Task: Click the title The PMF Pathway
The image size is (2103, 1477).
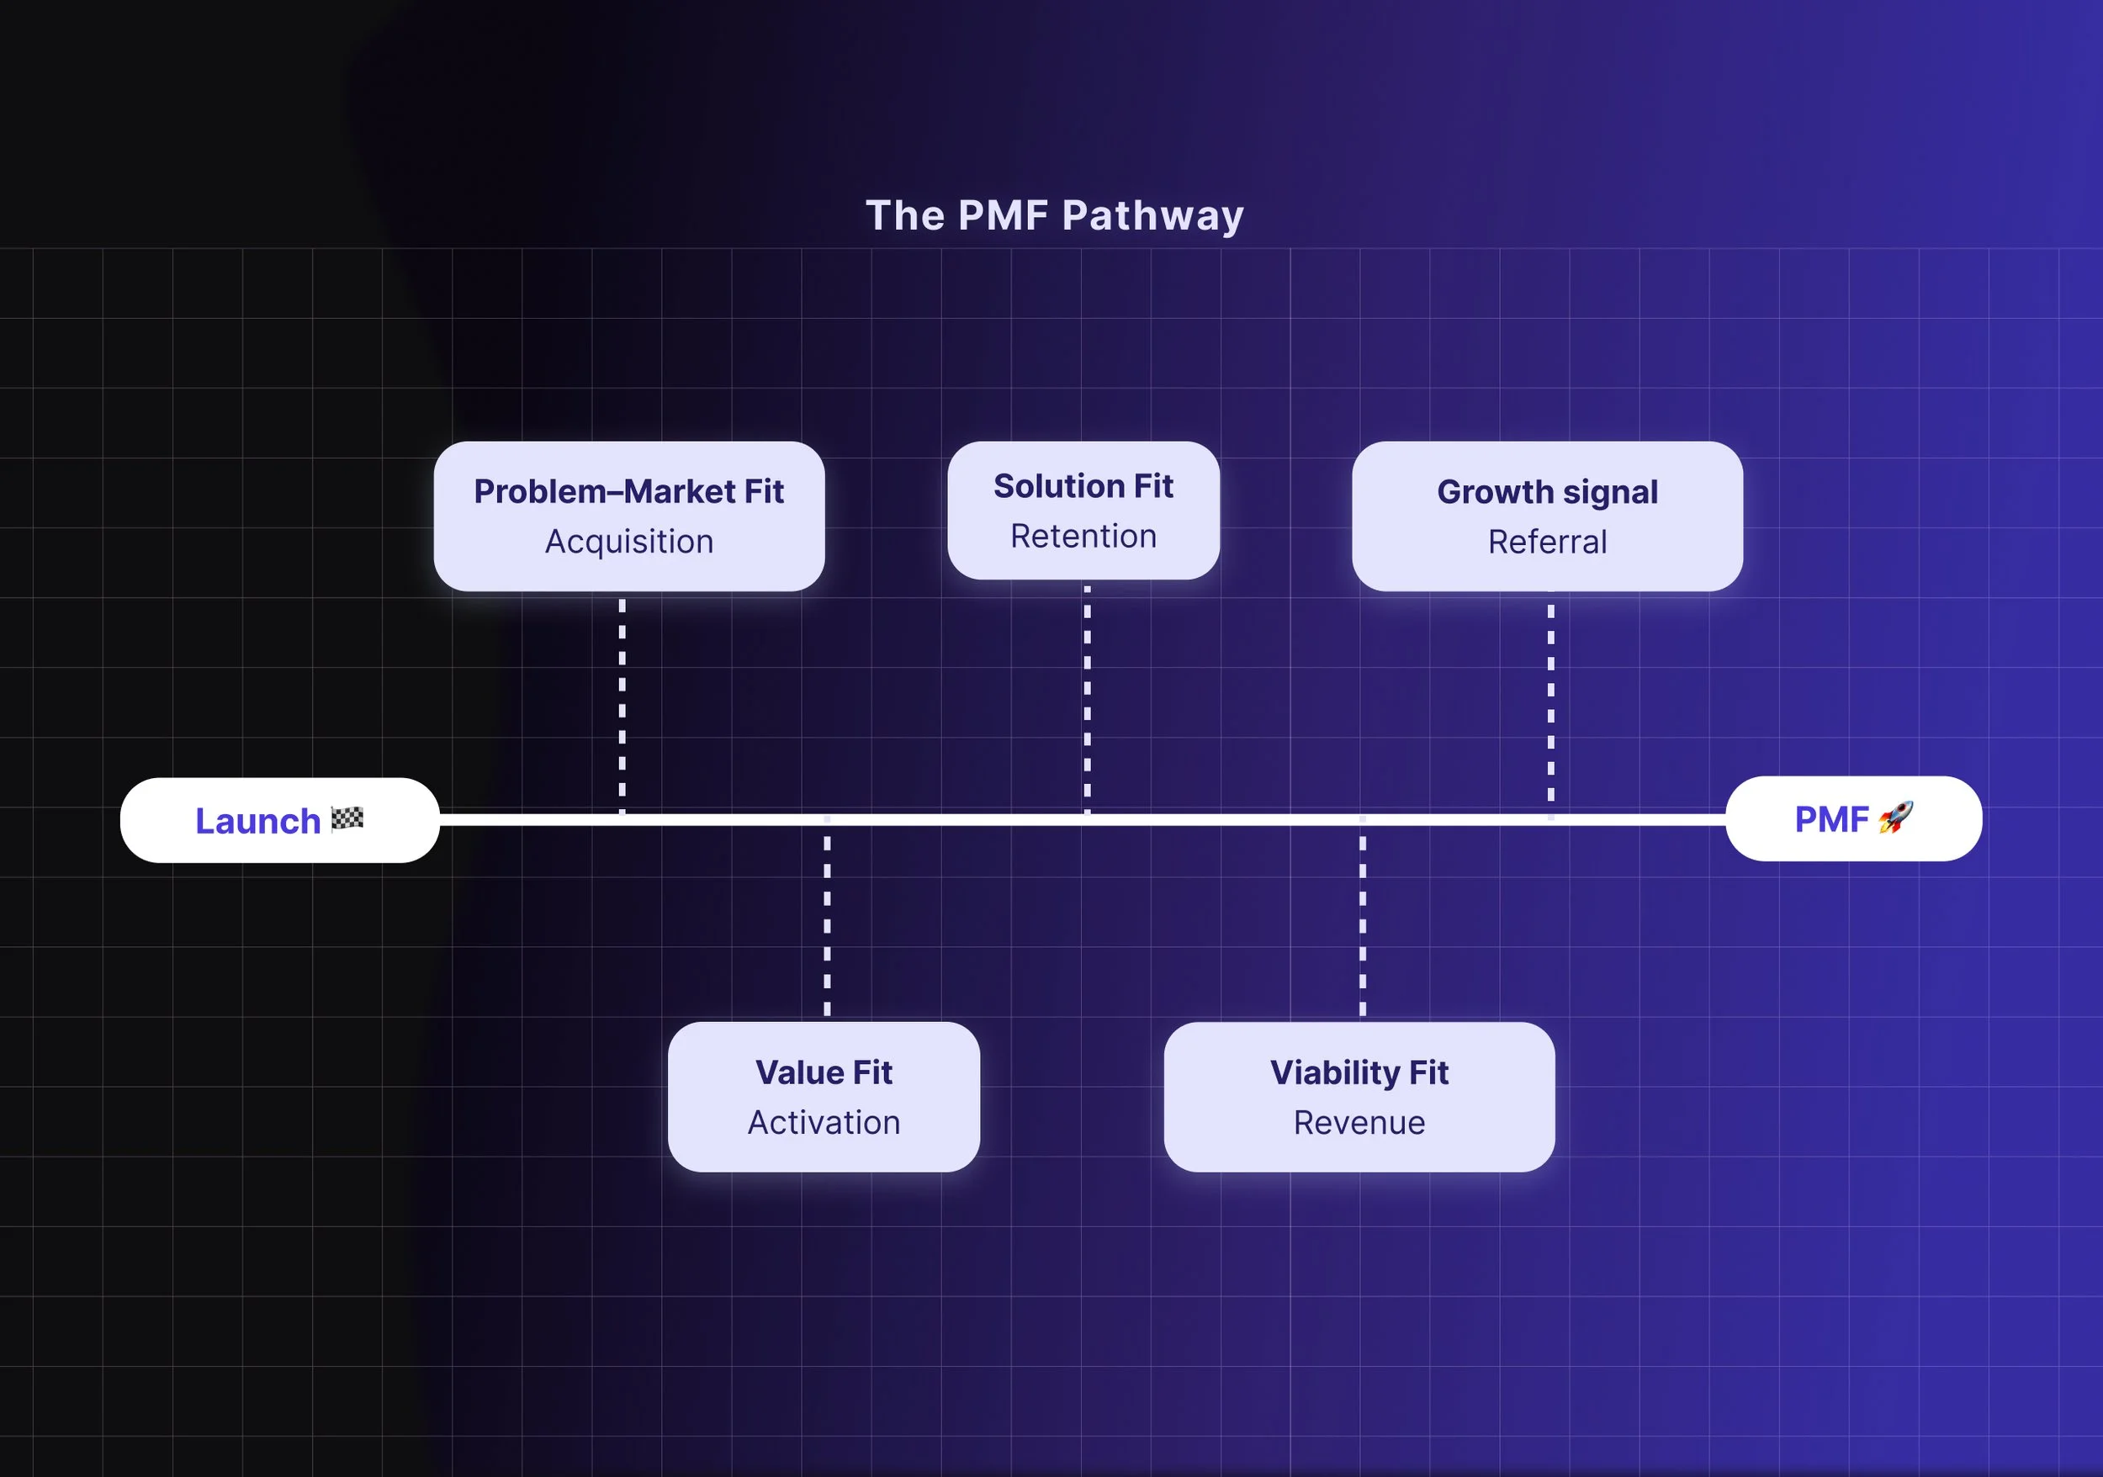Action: (1054, 216)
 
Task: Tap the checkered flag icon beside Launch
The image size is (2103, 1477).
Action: (347, 818)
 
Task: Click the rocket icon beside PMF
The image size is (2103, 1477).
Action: (1895, 818)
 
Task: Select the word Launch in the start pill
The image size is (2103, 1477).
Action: (257, 822)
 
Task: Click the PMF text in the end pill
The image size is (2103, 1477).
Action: (1831, 819)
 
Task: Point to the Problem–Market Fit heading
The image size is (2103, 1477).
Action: (628, 492)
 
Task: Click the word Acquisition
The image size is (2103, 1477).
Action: (628, 542)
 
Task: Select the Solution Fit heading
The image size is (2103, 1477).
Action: (1083, 486)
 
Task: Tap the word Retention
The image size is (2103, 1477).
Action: (1083, 537)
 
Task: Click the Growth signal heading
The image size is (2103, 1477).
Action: (1547, 493)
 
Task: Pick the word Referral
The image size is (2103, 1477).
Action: (1547, 542)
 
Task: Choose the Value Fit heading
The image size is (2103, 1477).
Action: (824, 1072)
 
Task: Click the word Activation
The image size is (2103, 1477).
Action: (824, 1123)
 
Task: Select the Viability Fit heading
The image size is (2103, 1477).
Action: (1359, 1072)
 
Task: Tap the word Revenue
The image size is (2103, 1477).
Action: (1359, 1123)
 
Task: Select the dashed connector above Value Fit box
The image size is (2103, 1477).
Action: (827, 925)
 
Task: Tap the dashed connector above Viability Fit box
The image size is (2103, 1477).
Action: (1363, 925)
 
